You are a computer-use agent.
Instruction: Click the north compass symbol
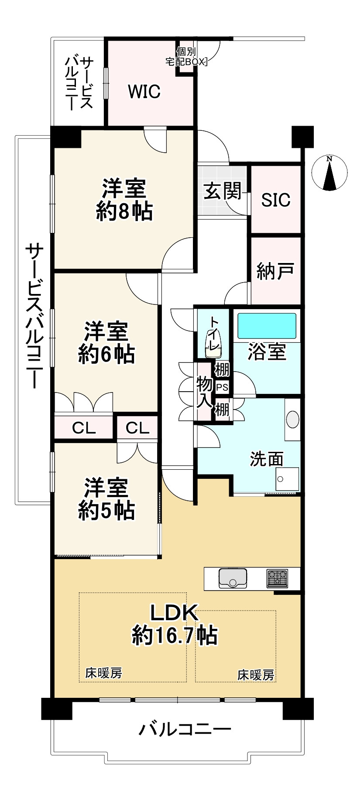[330, 173]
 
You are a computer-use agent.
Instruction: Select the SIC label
[276, 200]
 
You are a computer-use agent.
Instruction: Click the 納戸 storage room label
[275, 270]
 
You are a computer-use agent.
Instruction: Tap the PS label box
[222, 387]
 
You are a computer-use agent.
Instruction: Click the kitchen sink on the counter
[233, 578]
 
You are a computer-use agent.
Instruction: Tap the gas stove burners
[277, 578]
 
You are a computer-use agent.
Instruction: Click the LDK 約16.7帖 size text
[175, 636]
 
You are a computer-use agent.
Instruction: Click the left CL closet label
[84, 428]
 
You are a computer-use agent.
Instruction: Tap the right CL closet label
[137, 428]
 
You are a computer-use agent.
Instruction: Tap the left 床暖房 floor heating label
[103, 673]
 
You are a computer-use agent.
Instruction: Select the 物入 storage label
[204, 392]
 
